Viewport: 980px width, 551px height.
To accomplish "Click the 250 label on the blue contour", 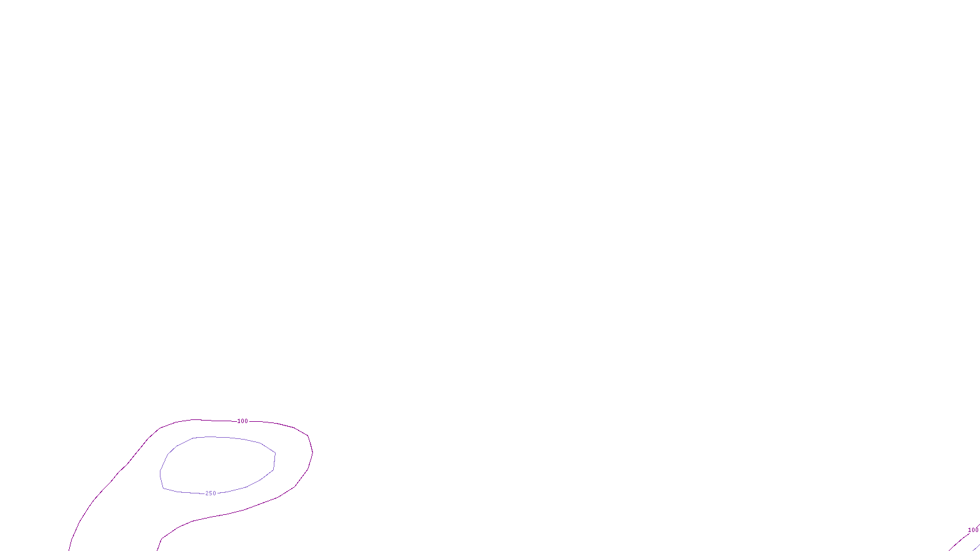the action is point(211,493).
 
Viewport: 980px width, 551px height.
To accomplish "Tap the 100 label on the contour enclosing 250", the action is point(243,421).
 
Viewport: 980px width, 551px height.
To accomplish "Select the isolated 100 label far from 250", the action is point(973,530).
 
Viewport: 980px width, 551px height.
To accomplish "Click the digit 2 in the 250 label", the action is point(207,493).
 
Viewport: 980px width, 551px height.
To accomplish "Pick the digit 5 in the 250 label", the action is point(211,493).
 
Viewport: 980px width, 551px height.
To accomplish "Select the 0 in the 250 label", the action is point(214,493).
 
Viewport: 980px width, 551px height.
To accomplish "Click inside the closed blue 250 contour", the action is point(217,465).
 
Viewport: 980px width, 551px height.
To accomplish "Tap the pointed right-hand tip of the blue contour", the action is point(275,453).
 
